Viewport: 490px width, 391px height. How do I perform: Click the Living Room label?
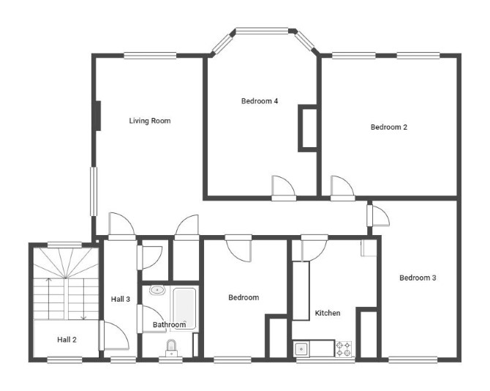tap(150, 121)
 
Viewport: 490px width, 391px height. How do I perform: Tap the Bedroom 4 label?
tap(260, 101)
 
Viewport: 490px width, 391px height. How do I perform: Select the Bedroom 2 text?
tap(389, 127)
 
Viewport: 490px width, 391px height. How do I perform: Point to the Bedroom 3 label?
tap(418, 278)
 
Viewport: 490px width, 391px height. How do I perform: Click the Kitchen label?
tap(328, 313)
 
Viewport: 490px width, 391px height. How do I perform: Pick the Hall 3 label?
tap(121, 299)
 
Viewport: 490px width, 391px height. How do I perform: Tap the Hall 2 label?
tap(67, 340)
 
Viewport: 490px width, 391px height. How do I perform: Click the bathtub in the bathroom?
tap(184, 308)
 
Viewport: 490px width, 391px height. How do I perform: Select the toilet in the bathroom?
tap(171, 348)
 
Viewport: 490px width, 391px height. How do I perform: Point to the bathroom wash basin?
tap(157, 290)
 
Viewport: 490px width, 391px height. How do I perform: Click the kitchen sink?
tap(301, 349)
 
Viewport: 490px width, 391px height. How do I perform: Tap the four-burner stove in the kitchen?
tap(344, 349)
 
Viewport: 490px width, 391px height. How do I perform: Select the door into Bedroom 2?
tap(342, 187)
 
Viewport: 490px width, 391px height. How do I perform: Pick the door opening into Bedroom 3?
tap(378, 215)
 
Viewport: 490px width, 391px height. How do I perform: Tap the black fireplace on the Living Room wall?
tap(98, 116)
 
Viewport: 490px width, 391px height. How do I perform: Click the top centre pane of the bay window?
tap(262, 31)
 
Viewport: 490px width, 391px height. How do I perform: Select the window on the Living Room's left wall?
tap(94, 191)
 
